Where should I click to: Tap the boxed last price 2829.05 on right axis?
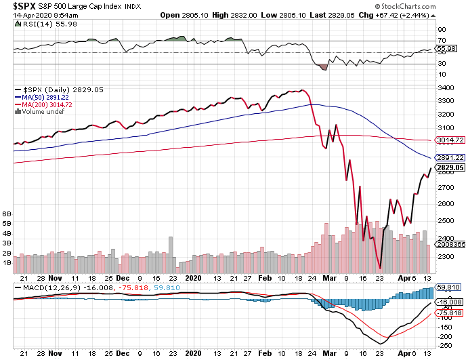450,167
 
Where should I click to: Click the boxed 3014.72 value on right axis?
450,140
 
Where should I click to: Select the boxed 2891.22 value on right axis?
450,157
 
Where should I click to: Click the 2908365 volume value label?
450,243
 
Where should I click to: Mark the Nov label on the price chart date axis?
56,277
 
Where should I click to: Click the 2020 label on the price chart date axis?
194,277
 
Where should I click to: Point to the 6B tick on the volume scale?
7,214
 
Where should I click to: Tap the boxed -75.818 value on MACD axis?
449,312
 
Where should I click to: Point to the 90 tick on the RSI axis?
441,31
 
